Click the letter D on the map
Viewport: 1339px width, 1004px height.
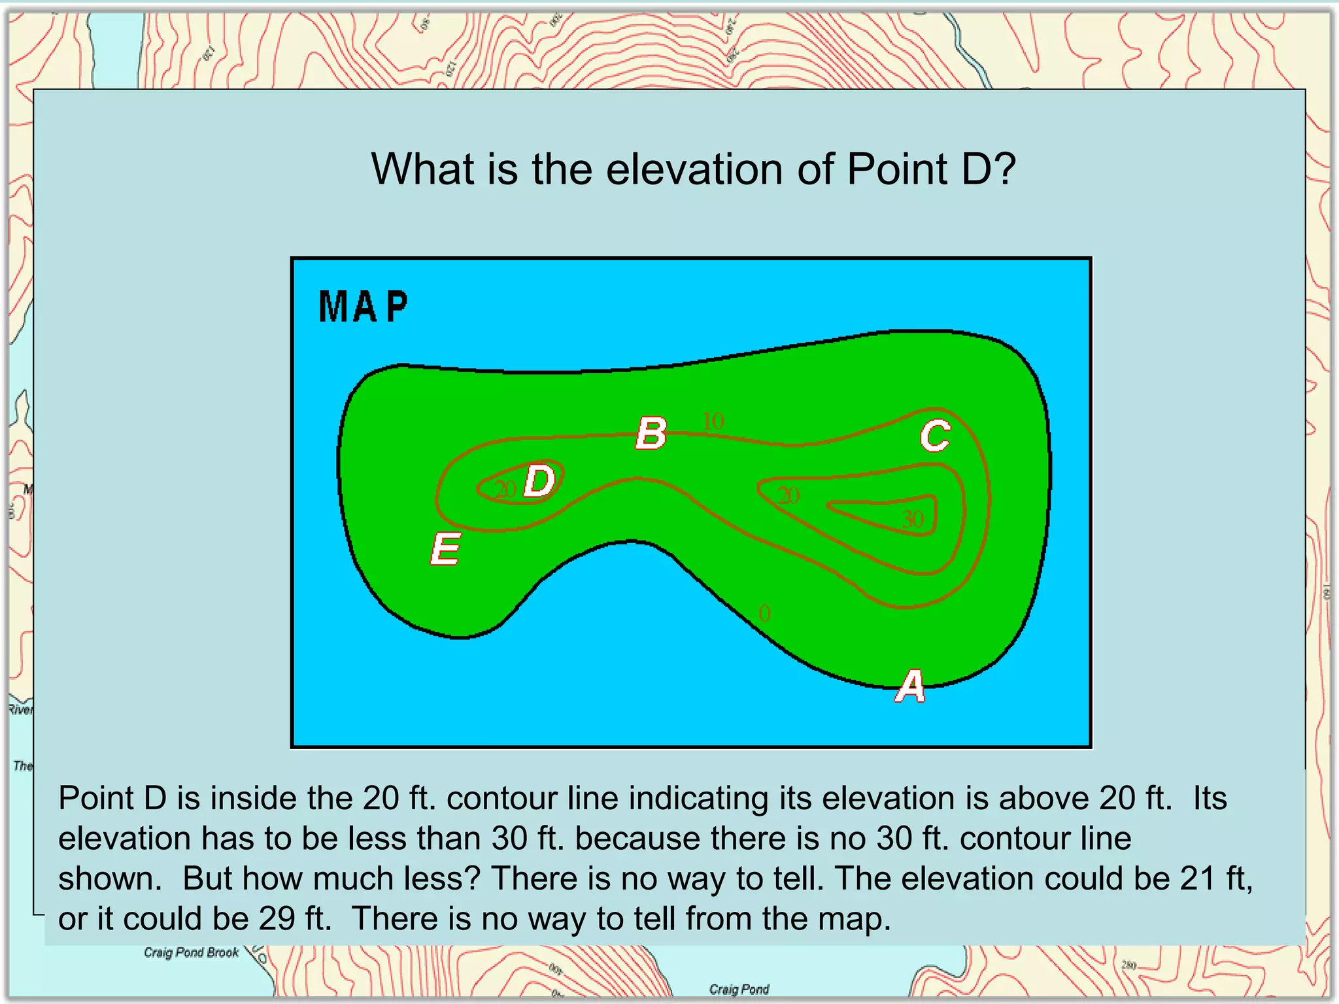[x=540, y=481]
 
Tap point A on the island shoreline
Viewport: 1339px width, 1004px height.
[x=910, y=686]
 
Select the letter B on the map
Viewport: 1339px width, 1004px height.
[x=651, y=433]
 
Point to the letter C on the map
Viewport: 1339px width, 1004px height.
[x=935, y=436]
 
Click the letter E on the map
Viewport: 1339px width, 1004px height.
[x=446, y=548]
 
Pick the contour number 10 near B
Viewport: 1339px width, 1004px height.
[x=713, y=421]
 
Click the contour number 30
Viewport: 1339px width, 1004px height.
[x=913, y=520]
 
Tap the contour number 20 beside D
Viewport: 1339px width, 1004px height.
[x=505, y=489]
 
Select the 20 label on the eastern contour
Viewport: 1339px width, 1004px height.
[x=788, y=495]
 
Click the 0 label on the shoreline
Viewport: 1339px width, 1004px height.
[x=764, y=613]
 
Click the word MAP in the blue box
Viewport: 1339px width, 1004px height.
[x=364, y=307]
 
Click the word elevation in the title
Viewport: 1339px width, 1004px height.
[x=694, y=169]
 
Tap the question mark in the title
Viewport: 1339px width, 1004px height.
[x=1004, y=169]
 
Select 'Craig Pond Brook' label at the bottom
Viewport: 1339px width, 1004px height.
[x=191, y=952]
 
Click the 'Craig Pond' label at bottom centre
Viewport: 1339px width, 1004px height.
[x=739, y=989]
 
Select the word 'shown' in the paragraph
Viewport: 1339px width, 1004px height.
[x=107, y=878]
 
